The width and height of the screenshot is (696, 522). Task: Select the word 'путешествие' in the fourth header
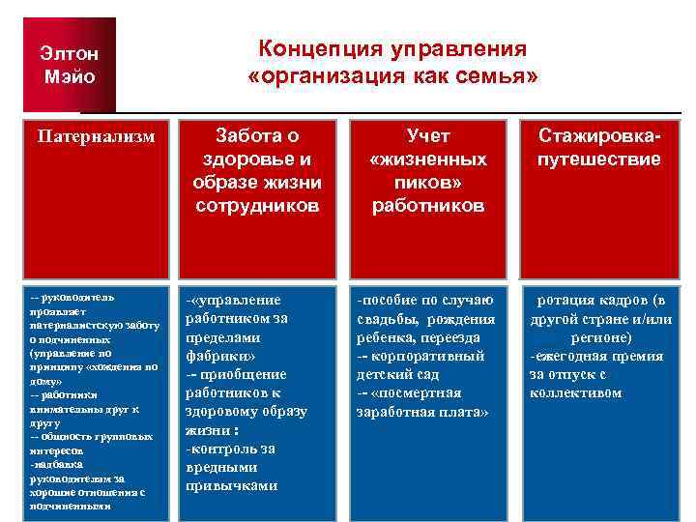tap(599, 159)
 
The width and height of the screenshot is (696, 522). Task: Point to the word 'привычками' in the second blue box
tap(232, 485)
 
